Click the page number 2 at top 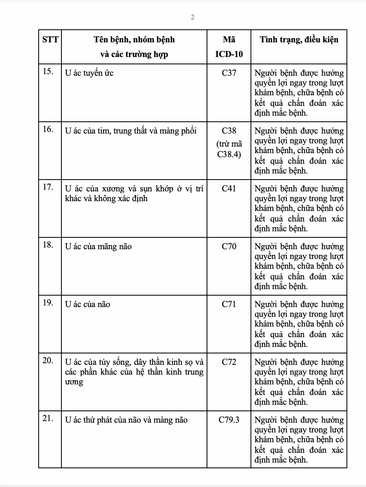point(193,17)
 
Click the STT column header point(50,39)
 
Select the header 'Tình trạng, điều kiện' point(299,39)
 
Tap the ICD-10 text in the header point(229,54)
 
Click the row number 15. point(48,72)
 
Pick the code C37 point(229,73)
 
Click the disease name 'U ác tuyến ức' point(89,73)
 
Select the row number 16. point(48,129)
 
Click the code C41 point(229,189)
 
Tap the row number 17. point(48,187)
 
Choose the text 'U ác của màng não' point(98,246)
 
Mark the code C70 point(229,246)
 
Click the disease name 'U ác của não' point(87,304)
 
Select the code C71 point(229,304)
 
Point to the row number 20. point(48,361)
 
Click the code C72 point(229,362)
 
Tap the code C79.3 point(229,420)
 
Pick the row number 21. point(48,419)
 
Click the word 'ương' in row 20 point(74,382)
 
